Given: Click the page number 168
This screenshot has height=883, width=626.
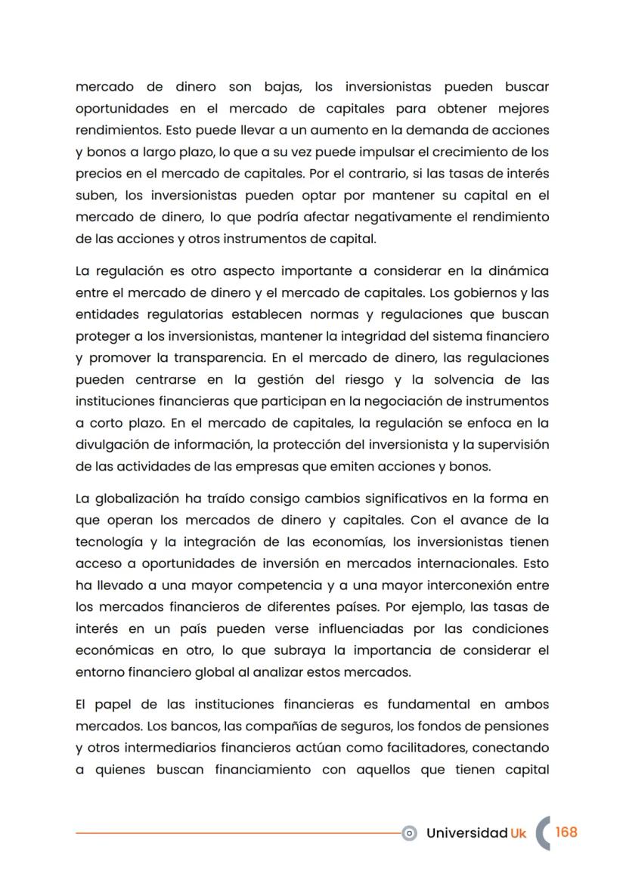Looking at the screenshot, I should coord(566,832).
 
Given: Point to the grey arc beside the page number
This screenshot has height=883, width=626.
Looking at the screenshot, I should coord(541,832).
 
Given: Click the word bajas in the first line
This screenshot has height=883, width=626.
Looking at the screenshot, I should coord(282,87).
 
